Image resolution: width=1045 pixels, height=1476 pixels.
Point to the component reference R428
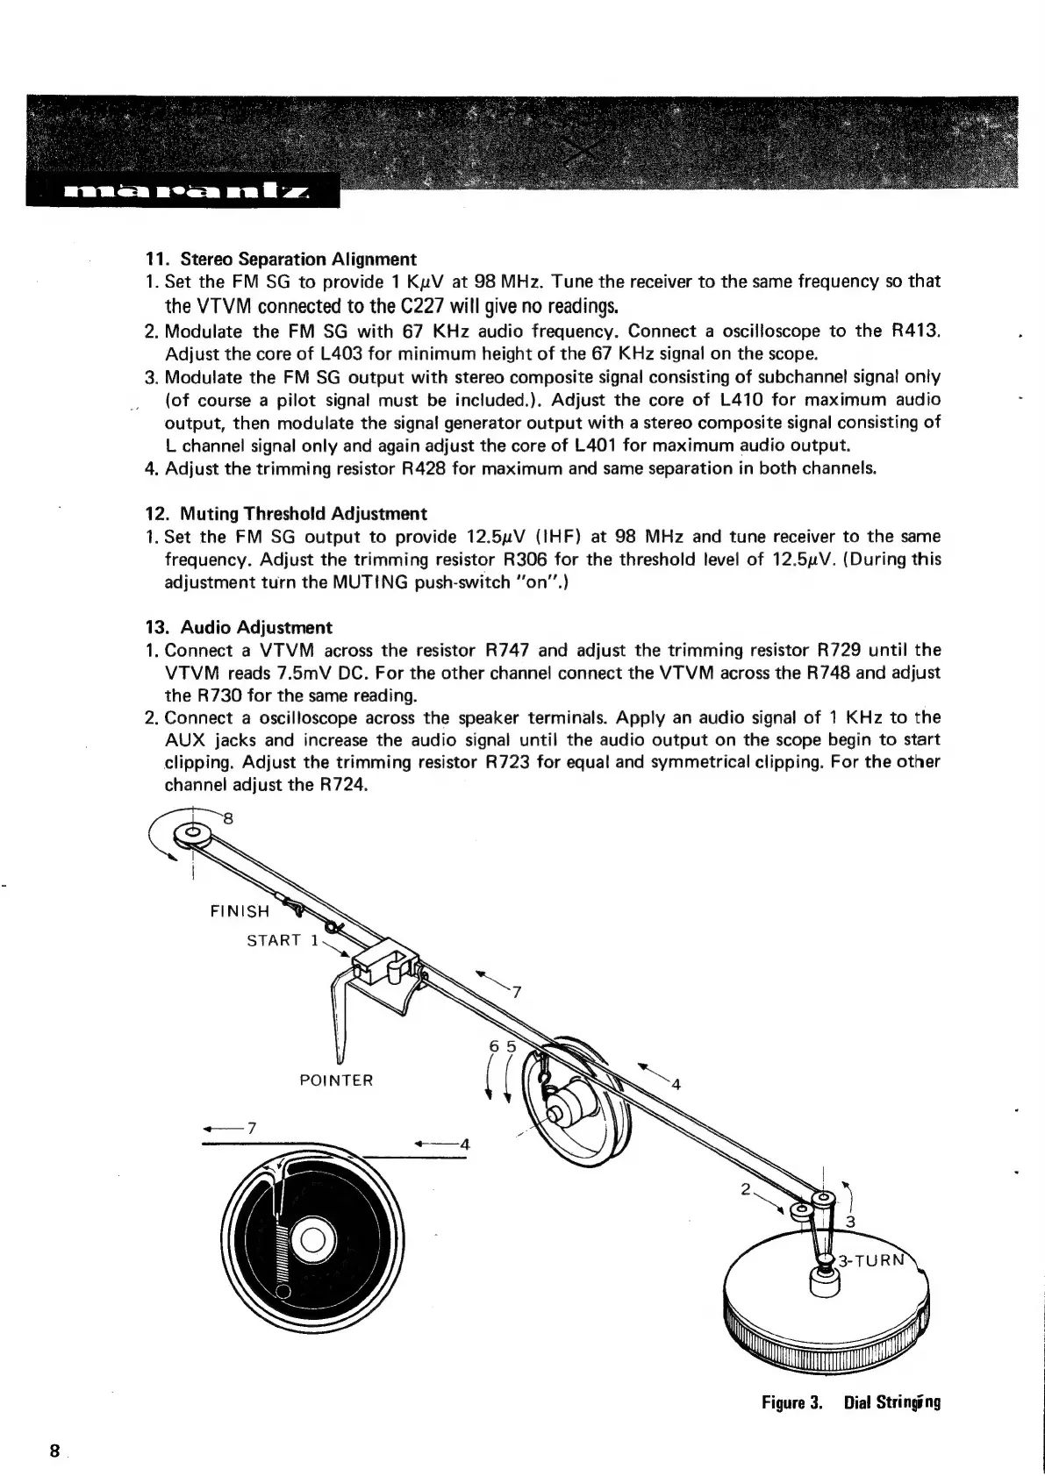pos(425,467)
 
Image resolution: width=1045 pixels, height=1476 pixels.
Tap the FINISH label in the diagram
pos(240,910)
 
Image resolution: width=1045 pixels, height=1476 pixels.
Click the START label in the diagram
pos(274,940)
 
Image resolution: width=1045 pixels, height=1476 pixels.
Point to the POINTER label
pos(336,1080)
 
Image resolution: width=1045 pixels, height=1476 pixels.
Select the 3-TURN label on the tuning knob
pos(870,1261)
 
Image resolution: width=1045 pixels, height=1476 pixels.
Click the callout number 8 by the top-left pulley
pos(228,819)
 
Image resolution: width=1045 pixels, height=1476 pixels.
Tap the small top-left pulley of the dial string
pos(191,832)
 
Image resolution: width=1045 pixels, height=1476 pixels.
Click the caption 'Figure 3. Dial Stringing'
pos(851,1401)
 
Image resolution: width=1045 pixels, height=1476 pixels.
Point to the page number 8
pos(54,1451)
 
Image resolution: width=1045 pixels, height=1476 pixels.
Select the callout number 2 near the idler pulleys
pos(745,1190)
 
